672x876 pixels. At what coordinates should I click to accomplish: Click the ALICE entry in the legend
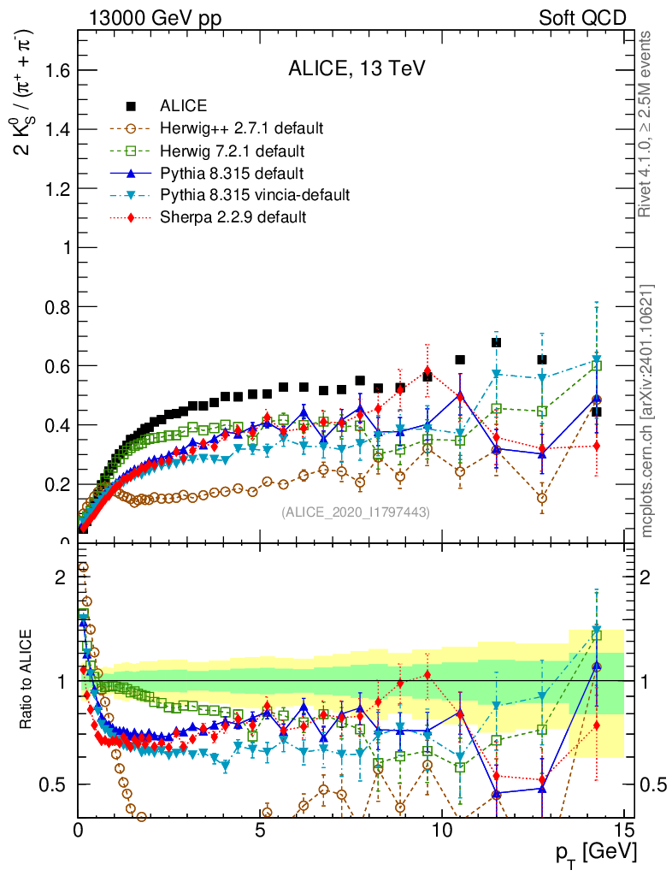click(x=183, y=106)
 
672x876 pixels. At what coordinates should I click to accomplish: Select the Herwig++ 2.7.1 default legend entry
click(x=241, y=128)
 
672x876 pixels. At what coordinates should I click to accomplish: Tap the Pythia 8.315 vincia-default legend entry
click(x=255, y=195)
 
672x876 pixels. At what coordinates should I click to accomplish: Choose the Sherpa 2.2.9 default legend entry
click(x=233, y=217)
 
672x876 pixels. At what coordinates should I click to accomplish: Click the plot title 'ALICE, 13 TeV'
click(x=356, y=69)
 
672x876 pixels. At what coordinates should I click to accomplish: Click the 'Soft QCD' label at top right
click(x=582, y=17)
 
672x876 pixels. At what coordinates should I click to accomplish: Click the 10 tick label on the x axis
click(x=441, y=829)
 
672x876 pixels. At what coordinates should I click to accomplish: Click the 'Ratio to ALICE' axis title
click(x=26, y=678)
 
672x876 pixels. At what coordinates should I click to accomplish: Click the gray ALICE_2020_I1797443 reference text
click(x=356, y=512)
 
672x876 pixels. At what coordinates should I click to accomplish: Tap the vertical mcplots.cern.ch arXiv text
click(x=648, y=411)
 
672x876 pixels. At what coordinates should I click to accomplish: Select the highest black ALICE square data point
click(x=496, y=342)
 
